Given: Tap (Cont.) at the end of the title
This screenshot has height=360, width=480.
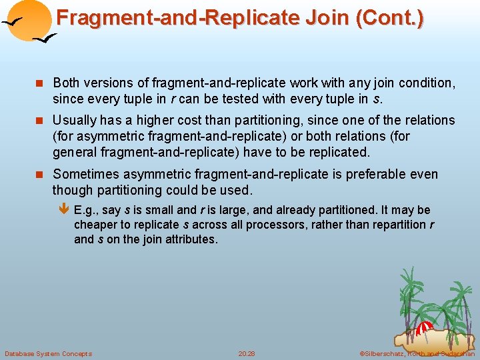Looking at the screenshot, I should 390,17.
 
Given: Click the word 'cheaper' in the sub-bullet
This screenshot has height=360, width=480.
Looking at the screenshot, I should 95,225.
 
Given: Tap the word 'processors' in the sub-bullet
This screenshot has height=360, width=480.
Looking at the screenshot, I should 278,225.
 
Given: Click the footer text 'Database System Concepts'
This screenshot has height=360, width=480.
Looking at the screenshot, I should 48,353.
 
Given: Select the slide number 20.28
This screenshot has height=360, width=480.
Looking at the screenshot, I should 246,353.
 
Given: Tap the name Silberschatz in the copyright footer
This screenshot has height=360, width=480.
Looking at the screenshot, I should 382,353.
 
